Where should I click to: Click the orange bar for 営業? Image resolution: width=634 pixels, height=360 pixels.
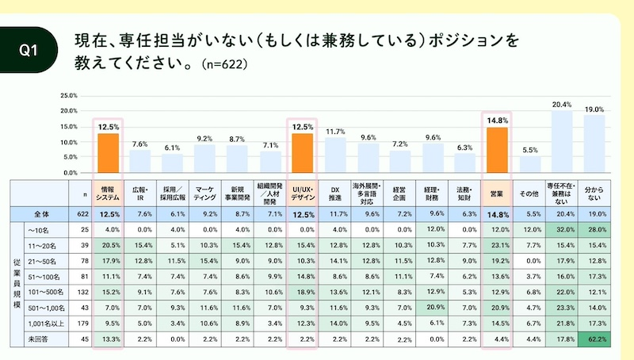[497, 150]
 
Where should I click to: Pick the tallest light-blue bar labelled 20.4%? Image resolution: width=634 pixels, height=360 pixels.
[561, 142]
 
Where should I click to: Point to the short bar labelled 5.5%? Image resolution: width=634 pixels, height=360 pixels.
[530, 164]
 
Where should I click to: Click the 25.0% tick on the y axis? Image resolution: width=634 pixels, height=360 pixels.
[68, 96]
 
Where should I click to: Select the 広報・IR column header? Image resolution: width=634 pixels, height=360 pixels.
[140, 190]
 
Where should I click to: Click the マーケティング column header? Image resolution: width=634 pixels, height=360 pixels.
[204, 190]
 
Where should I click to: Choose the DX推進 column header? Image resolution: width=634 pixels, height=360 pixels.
[334, 190]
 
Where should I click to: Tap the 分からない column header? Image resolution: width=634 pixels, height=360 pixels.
[594, 190]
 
